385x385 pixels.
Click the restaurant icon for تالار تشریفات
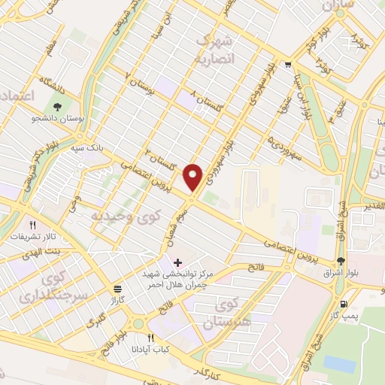coord(32,225)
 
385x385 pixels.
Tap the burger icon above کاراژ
coord(117,289)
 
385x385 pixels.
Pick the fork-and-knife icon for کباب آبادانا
coord(150,338)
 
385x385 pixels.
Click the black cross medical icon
coord(177,262)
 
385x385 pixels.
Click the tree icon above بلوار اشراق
coord(342,261)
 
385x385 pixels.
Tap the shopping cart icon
coord(289,65)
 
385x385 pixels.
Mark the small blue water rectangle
coord(339,364)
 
